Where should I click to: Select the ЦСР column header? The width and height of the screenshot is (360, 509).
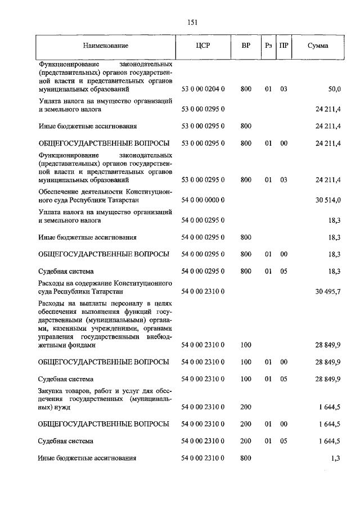[203, 46]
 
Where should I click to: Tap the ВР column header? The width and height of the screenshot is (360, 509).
[246, 46]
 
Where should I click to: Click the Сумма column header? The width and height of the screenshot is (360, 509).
[318, 46]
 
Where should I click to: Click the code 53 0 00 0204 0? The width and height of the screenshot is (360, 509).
[203, 89]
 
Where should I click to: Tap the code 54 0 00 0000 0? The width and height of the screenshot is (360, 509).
[203, 200]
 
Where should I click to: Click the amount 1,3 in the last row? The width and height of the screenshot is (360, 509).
[336, 458]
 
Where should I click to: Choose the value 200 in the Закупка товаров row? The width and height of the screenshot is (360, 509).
[246, 406]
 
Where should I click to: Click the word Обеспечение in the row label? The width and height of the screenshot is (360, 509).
[59, 192]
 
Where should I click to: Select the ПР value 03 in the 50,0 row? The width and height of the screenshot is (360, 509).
[283, 89]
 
